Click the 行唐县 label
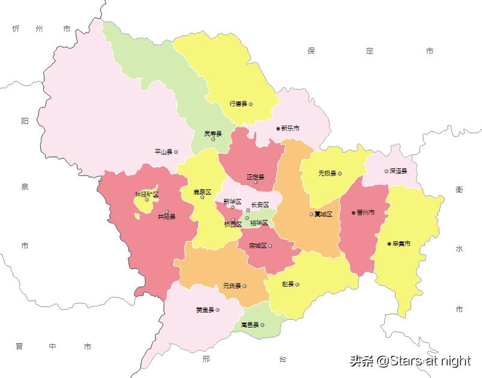point(238,104)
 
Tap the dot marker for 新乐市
point(278,129)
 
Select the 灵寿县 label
point(212,133)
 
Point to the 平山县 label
point(163,152)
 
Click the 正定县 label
point(255,177)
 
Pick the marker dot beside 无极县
point(339,174)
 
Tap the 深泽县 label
point(398,171)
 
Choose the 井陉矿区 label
point(146,194)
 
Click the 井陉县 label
point(166,216)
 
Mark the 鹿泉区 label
point(202,192)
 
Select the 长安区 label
point(260,205)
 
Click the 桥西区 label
point(232,225)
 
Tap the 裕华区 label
point(259,223)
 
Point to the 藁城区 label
point(323,215)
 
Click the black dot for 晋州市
point(353,213)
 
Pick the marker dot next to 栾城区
point(271,246)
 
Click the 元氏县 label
point(232,286)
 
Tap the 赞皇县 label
point(205,310)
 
